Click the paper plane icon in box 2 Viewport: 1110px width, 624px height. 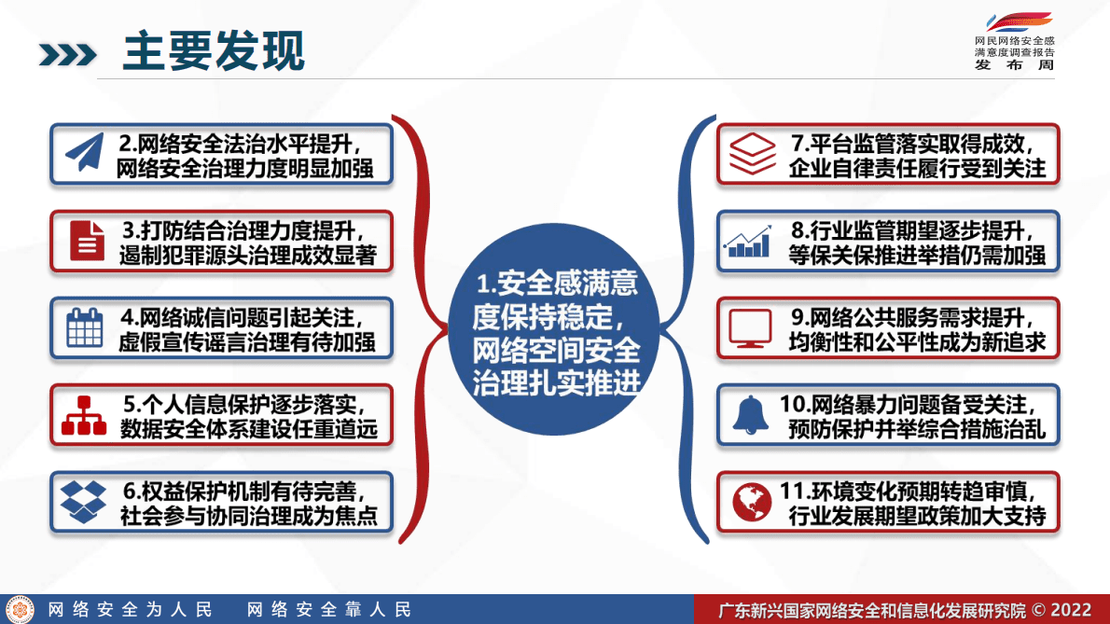(x=83, y=154)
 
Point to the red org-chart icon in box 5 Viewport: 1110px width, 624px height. (x=84, y=415)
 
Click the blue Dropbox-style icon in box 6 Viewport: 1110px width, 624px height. (x=84, y=502)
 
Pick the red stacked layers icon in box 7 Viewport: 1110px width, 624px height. (x=751, y=154)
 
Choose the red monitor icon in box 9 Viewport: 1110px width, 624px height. (x=750, y=327)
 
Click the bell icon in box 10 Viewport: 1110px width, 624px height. (x=750, y=415)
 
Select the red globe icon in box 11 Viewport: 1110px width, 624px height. (x=751, y=502)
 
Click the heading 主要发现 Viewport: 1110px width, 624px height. (x=214, y=52)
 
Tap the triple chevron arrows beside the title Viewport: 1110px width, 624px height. (x=67, y=54)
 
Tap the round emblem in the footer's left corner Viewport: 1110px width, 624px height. (x=21, y=609)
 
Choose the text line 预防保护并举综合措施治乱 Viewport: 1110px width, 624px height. (x=917, y=430)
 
